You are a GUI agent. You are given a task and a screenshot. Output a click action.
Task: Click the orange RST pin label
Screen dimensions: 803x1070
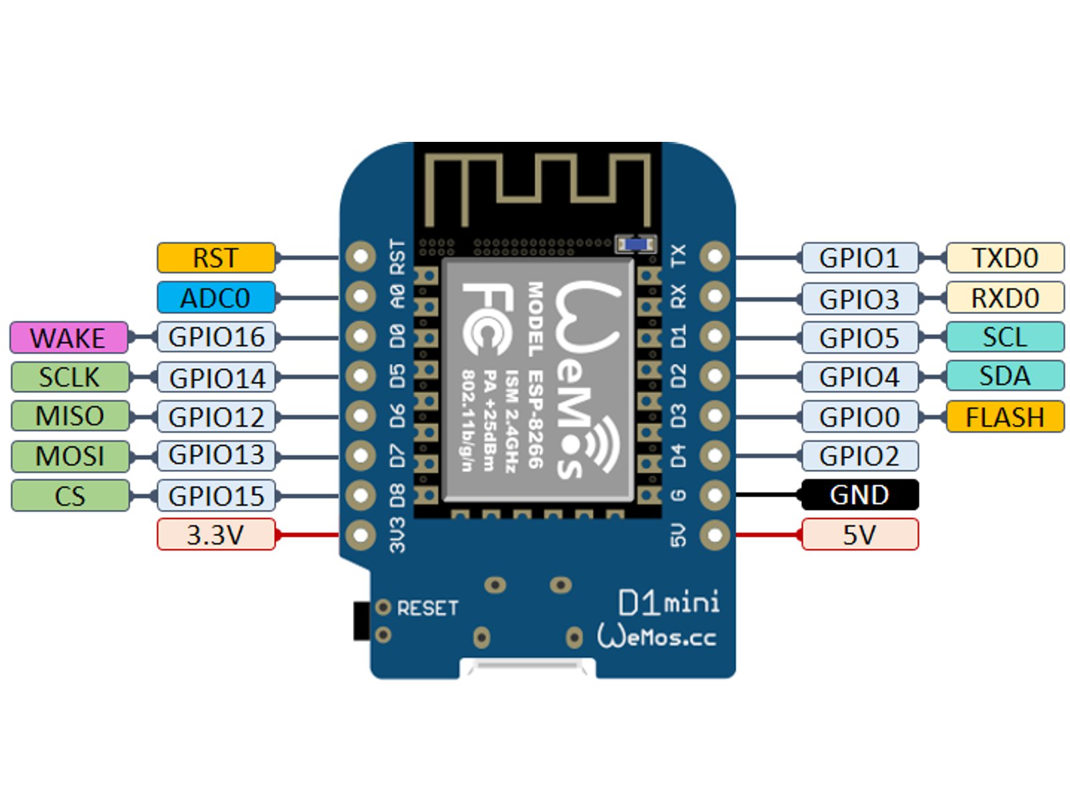tap(216, 258)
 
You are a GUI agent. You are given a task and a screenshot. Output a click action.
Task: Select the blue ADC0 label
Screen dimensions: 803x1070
tap(216, 297)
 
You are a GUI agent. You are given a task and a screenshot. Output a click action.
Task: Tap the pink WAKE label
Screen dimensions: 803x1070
tap(68, 337)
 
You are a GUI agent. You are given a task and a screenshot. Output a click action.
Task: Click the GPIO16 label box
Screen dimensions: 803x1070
tap(216, 337)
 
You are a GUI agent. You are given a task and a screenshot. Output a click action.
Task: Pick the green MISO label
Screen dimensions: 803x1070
tap(70, 416)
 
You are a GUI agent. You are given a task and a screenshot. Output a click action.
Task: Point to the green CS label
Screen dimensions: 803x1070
tap(70, 496)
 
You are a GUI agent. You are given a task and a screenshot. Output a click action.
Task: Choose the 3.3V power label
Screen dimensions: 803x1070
tap(216, 535)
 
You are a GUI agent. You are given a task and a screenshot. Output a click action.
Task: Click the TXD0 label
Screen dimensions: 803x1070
tap(1004, 258)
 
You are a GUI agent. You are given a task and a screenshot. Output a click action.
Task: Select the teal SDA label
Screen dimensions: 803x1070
tap(1004, 376)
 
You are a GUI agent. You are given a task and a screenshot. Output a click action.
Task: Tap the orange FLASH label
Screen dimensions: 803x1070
tap(1004, 417)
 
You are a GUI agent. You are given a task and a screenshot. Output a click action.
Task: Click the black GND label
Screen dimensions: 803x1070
tap(859, 495)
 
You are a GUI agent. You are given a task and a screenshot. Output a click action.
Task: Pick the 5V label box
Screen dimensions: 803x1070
tap(859, 535)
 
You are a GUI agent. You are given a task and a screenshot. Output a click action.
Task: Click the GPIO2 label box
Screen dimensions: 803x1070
tap(859, 456)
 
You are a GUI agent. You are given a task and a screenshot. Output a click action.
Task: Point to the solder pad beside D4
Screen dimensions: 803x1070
tap(715, 456)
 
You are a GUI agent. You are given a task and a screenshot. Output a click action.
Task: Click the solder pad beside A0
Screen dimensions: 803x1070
tap(361, 296)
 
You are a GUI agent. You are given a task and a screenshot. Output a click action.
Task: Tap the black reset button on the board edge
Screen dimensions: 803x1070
tap(361, 620)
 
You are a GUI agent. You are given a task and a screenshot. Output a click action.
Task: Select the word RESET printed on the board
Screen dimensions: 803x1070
tap(427, 608)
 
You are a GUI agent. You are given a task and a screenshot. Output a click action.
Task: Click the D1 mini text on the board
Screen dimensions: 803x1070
tap(668, 602)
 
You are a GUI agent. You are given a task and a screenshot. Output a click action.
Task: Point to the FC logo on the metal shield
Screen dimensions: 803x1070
tap(487, 319)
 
